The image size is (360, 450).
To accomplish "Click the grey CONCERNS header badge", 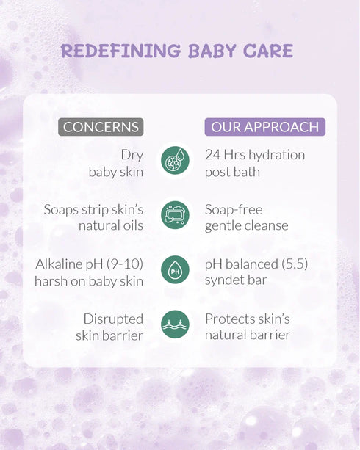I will point(100,127).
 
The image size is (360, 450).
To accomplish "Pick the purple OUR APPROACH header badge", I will point(264,127).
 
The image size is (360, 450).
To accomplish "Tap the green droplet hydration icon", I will point(175,161).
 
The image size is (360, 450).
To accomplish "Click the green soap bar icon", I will point(175,215).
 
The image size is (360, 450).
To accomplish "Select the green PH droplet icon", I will point(175,269).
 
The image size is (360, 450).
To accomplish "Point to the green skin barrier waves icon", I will point(175,324).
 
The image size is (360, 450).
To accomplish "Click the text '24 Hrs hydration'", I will point(254,155).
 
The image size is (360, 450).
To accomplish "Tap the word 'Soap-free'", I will point(234,209).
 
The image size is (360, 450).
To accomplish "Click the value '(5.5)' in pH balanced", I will point(287,264).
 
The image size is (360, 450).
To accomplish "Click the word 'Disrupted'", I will point(114,319).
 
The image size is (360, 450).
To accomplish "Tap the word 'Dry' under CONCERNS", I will point(132,155).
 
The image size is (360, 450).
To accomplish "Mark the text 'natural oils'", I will point(111,225).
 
